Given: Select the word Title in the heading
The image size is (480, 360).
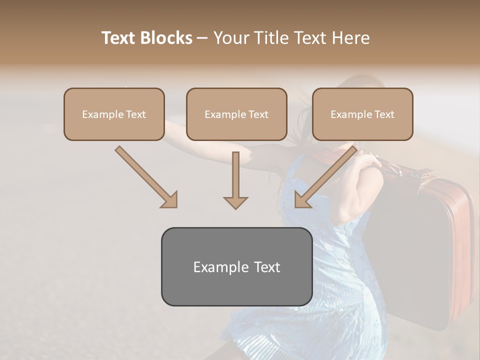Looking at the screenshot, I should click(x=271, y=38).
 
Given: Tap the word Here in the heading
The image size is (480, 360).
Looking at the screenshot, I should click(x=350, y=38).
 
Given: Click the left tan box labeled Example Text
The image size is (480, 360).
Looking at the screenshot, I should click(x=114, y=114).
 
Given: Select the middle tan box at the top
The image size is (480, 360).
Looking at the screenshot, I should click(x=236, y=114).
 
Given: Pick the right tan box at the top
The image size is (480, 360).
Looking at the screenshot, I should click(x=362, y=114).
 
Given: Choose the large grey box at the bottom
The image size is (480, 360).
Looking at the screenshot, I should click(x=236, y=266).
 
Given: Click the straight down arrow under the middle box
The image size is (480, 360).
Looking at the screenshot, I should click(x=235, y=175).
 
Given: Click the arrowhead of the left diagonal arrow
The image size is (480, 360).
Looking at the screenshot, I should click(x=170, y=200).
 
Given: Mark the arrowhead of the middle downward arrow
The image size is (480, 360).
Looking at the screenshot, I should click(x=235, y=202).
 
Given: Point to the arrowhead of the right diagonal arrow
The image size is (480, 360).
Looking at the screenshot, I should click(x=302, y=200).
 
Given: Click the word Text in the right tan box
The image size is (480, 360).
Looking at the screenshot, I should click(x=384, y=114).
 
